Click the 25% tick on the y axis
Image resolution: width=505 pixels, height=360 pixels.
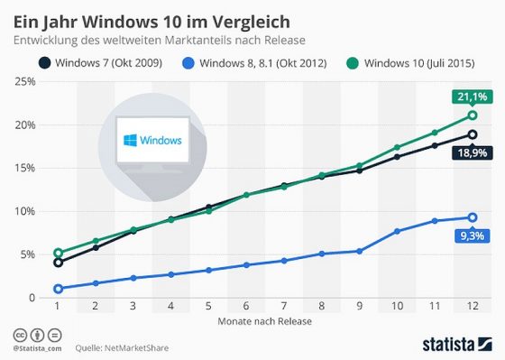tap(24, 81)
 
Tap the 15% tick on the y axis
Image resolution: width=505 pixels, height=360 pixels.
tap(24, 168)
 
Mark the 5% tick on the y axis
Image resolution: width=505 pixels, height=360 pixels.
tap(27, 254)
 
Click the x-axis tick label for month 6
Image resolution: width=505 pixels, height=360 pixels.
tap(247, 306)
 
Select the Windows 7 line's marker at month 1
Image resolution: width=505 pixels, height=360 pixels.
tap(58, 263)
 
